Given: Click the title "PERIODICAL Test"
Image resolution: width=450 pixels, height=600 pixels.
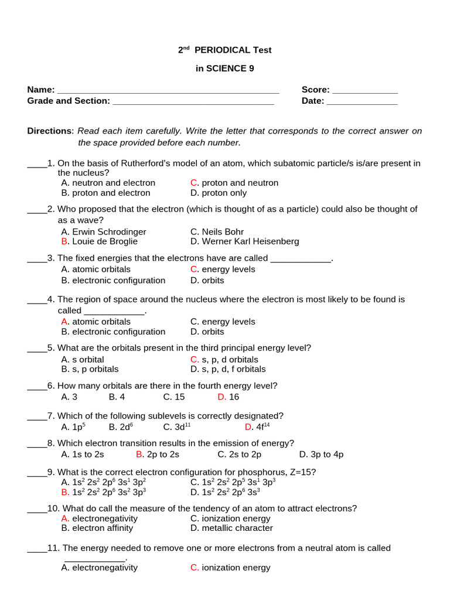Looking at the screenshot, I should [x=233, y=50].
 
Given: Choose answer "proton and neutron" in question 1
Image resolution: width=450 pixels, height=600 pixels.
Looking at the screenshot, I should [x=240, y=183].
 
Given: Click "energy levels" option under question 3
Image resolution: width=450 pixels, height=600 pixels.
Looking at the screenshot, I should [x=228, y=270].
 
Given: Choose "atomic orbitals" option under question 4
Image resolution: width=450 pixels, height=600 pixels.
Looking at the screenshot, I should [x=101, y=322].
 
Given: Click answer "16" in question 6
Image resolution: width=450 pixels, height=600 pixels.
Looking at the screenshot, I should [x=234, y=397].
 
